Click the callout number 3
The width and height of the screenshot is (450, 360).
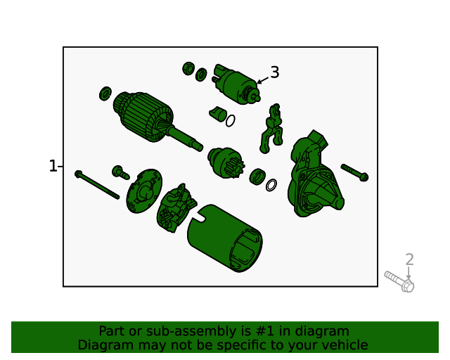click(x=275, y=72)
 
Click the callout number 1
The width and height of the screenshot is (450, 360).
click(x=53, y=166)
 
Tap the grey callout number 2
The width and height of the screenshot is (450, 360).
click(x=409, y=259)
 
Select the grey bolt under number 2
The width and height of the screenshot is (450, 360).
click(x=399, y=282)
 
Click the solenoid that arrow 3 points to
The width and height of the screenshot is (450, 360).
click(x=236, y=84)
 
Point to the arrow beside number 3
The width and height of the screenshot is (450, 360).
click(x=262, y=81)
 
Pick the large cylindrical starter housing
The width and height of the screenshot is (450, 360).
click(x=225, y=238)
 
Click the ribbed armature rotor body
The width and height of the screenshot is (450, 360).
click(x=143, y=116)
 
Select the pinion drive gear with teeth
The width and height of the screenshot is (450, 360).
click(x=226, y=163)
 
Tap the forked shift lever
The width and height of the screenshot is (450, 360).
click(x=272, y=129)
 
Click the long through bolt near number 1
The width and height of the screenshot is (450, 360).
click(x=97, y=185)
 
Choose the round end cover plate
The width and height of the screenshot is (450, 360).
click(x=144, y=191)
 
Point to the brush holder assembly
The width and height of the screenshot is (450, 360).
click(x=176, y=207)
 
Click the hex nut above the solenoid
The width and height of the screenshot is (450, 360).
click(x=188, y=69)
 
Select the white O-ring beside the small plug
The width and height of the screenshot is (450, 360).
click(x=231, y=121)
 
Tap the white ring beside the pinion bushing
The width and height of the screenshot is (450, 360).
click(x=271, y=185)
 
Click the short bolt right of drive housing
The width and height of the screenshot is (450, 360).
click(x=354, y=172)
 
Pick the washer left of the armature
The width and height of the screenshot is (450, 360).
click(x=105, y=94)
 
